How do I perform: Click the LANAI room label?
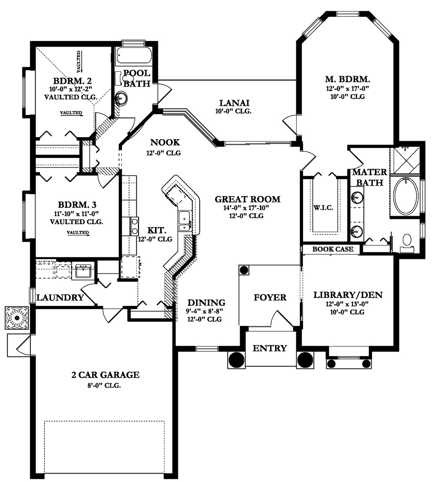pyautogui.click(x=235, y=103)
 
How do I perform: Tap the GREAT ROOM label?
pyautogui.click(x=247, y=199)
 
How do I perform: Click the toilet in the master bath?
pyautogui.click(x=407, y=243)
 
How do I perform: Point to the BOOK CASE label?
pyautogui.click(x=333, y=249)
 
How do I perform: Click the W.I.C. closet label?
pyautogui.click(x=323, y=208)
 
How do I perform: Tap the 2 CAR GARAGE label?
pyautogui.click(x=105, y=375)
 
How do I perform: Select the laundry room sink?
pyautogui.click(x=83, y=272)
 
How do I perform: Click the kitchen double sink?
pyautogui.click(x=185, y=221)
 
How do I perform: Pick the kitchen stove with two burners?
pyautogui.click(x=134, y=226)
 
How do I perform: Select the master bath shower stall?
pyautogui.click(x=405, y=161)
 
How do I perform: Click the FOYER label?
pyautogui.click(x=270, y=298)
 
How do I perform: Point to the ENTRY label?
pyautogui.click(x=270, y=348)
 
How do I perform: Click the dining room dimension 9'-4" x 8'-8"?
pyautogui.click(x=204, y=311)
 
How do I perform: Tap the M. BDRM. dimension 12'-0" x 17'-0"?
pyautogui.click(x=347, y=89)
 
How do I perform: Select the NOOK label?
pyautogui.click(x=165, y=142)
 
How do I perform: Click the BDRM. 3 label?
pyautogui.click(x=77, y=205)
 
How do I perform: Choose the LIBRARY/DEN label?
pyautogui.click(x=348, y=295)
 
